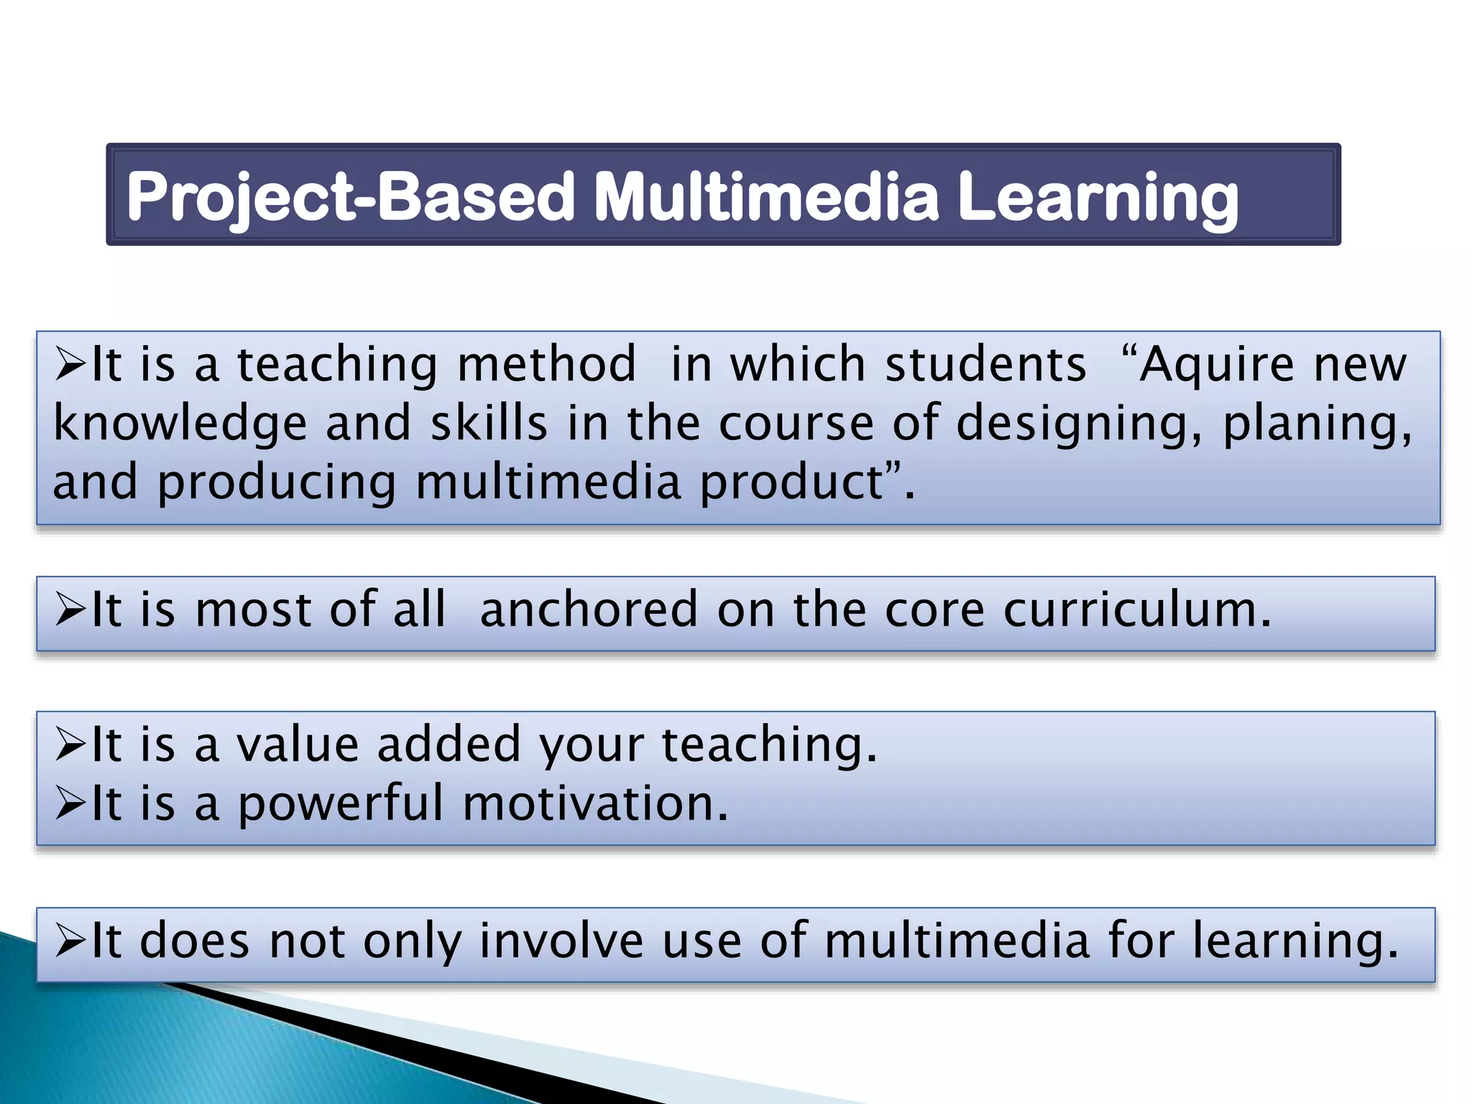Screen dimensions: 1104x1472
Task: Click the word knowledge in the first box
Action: (x=180, y=424)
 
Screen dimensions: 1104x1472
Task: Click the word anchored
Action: (x=588, y=609)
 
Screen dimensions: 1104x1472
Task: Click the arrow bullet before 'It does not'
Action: (x=70, y=942)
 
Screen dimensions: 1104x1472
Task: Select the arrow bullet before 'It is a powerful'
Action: (x=70, y=805)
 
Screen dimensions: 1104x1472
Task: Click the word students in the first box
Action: (x=985, y=364)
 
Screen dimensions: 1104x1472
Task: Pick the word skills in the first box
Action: (x=489, y=424)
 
